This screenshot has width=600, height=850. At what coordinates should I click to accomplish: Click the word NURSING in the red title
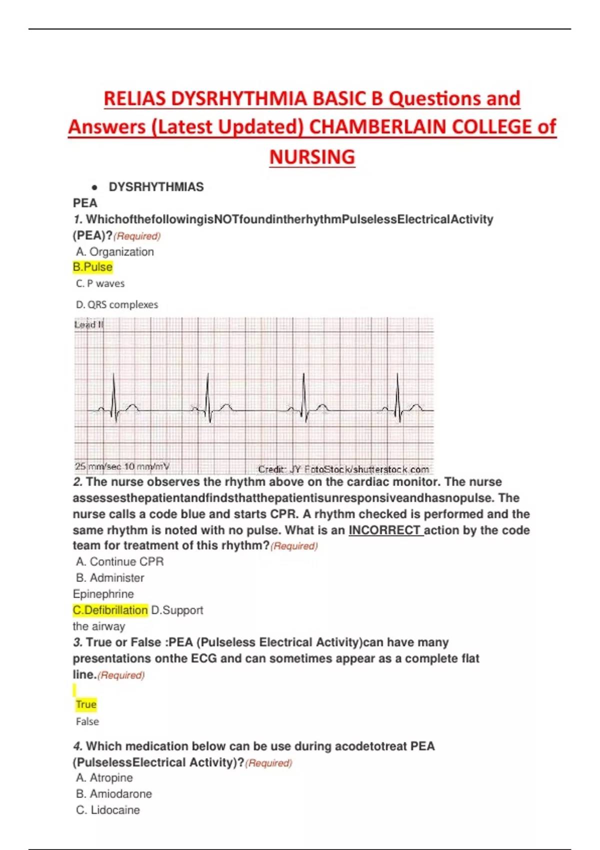pyautogui.click(x=312, y=157)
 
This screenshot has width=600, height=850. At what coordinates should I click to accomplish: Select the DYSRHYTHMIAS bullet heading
pyautogui.click(x=156, y=187)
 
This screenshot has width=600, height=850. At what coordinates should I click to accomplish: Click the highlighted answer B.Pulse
pyautogui.click(x=92, y=267)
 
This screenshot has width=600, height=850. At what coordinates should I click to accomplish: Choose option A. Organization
pyautogui.click(x=115, y=251)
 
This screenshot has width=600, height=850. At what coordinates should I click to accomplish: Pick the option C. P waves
pyautogui.click(x=100, y=283)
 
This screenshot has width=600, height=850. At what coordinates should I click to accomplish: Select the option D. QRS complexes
pyautogui.click(x=117, y=304)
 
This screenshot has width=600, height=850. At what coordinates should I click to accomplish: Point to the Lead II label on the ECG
pyautogui.click(x=88, y=324)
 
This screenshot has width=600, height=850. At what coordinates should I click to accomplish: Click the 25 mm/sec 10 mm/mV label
pyautogui.click(x=122, y=466)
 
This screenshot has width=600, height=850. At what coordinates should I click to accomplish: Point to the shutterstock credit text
pyautogui.click(x=343, y=469)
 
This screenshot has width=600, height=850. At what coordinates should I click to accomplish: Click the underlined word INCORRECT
pyautogui.click(x=385, y=530)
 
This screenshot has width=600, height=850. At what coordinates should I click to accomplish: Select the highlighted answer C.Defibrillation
pyautogui.click(x=110, y=610)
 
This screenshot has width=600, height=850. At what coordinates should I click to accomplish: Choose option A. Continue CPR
pyautogui.click(x=120, y=561)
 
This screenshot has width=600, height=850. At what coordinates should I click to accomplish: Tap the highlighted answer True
pyautogui.click(x=86, y=704)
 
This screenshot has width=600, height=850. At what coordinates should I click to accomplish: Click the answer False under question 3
pyautogui.click(x=87, y=721)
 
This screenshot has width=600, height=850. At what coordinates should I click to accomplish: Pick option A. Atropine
pyautogui.click(x=104, y=777)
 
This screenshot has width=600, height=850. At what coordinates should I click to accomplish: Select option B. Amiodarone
pyautogui.click(x=114, y=793)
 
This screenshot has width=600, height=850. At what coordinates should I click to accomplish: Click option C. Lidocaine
pyautogui.click(x=108, y=810)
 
